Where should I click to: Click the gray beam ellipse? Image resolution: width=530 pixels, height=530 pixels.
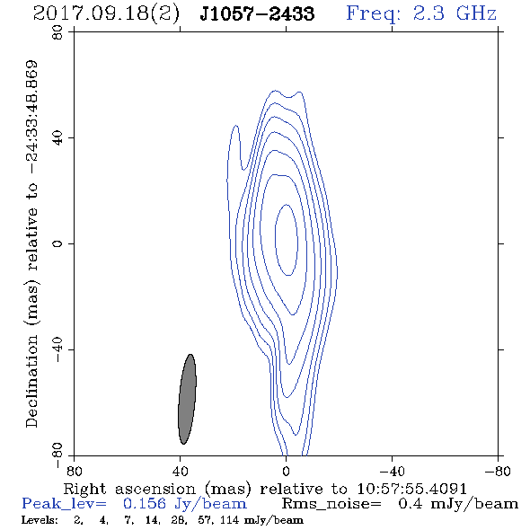point(187,399)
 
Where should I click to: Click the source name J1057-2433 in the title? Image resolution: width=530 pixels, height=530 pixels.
point(257,13)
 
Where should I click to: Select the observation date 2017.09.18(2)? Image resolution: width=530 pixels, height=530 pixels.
point(106,14)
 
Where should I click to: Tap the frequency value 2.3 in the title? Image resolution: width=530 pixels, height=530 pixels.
point(428,13)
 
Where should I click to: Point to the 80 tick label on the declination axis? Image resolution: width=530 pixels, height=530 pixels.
point(57,33)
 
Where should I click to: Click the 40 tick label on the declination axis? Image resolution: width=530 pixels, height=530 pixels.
point(57,138)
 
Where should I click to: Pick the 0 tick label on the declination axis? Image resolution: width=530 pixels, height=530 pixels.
point(57,243)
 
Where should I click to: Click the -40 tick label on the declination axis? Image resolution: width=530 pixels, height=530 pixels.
point(57,349)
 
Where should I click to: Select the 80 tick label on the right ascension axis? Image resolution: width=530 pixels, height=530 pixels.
point(74,472)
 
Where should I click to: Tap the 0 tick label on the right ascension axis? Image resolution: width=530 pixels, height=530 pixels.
point(286,472)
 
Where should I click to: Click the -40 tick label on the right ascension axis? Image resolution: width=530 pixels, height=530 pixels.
point(392,472)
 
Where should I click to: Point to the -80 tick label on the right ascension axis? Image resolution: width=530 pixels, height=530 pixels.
point(498,472)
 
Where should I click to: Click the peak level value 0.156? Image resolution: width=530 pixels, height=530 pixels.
point(145,504)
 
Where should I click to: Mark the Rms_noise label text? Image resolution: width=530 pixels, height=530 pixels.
point(331,504)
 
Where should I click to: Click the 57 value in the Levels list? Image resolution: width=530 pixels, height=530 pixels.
point(206,520)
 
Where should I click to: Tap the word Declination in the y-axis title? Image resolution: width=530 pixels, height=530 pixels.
point(31,381)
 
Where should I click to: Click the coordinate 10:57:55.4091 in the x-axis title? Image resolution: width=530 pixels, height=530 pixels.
point(411,489)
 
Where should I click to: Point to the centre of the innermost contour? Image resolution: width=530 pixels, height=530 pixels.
point(287,240)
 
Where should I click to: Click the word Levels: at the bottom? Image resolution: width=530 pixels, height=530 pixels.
point(40,520)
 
